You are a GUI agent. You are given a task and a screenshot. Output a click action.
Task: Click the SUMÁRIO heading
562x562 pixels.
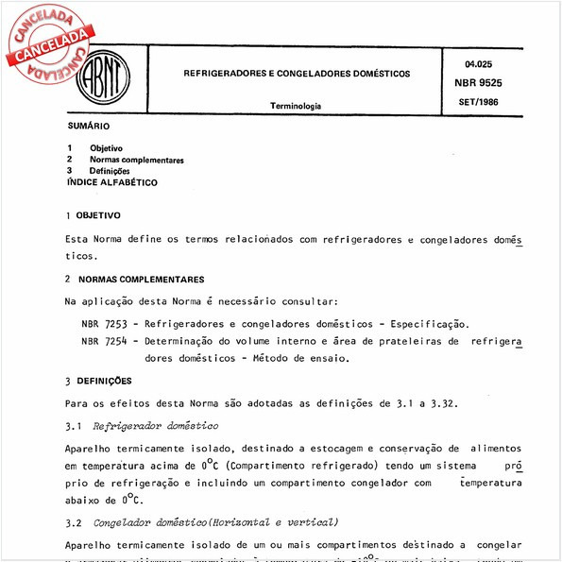tap(89, 126)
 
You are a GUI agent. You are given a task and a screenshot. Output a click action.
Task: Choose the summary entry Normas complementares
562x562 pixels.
tap(136, 160)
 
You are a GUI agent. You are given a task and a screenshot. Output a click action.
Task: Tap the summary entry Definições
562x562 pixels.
tap(110, 171)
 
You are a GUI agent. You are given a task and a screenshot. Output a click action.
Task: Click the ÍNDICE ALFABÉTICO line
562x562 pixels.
tap(112, 182)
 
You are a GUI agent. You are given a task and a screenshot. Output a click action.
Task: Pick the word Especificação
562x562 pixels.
tap(428, 323)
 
